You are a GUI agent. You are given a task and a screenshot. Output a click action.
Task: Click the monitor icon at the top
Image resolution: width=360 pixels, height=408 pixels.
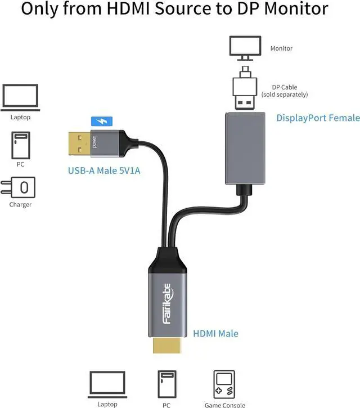245,48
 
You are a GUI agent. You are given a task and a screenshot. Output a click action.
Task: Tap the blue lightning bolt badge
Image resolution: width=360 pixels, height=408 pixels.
102,121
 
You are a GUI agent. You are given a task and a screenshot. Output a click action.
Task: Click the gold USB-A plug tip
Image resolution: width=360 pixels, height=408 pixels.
79,144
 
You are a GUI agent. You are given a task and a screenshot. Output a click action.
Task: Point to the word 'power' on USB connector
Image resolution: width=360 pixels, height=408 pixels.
94,142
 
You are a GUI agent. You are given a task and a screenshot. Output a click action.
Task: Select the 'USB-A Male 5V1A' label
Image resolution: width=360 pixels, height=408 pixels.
104,171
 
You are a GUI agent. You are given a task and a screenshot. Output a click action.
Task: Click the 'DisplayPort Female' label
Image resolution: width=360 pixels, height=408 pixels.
318,118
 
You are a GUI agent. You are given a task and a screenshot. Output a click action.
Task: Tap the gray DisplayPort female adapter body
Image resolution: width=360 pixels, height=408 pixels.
245,149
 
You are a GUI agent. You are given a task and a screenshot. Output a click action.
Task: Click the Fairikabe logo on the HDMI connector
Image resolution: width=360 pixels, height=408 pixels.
168,304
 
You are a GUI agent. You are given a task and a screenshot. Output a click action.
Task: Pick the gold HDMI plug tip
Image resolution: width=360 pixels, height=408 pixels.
167,346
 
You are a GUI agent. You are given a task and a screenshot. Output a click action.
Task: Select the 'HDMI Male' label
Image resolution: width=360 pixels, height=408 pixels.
215,334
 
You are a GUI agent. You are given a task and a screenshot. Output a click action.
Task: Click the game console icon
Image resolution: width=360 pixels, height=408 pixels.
224,384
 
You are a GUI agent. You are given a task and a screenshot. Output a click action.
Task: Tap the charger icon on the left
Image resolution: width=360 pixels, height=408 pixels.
18,187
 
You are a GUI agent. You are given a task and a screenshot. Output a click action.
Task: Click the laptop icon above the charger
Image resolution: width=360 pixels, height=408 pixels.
20,97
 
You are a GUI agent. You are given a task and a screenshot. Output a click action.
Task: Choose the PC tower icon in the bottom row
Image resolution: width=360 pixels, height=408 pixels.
167,384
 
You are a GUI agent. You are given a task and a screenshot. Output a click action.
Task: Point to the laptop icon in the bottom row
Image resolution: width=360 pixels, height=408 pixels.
107,384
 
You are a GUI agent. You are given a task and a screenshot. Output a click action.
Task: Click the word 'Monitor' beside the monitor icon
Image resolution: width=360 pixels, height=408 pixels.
281,48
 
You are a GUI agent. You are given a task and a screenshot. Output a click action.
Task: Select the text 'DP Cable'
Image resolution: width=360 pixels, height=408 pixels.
285,87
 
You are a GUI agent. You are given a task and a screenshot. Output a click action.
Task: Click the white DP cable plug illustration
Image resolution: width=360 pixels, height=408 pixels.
245,88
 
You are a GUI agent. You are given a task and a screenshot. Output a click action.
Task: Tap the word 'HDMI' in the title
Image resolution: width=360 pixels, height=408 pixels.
128,8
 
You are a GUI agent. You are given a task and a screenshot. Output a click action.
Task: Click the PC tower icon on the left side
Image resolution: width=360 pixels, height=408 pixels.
21,145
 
